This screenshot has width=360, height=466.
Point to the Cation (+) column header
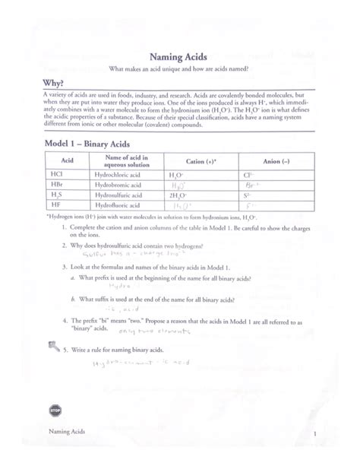pos(194,161)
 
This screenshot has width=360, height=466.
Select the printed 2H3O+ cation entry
pos(180,195)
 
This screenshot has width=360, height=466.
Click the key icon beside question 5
pos(54,347)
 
